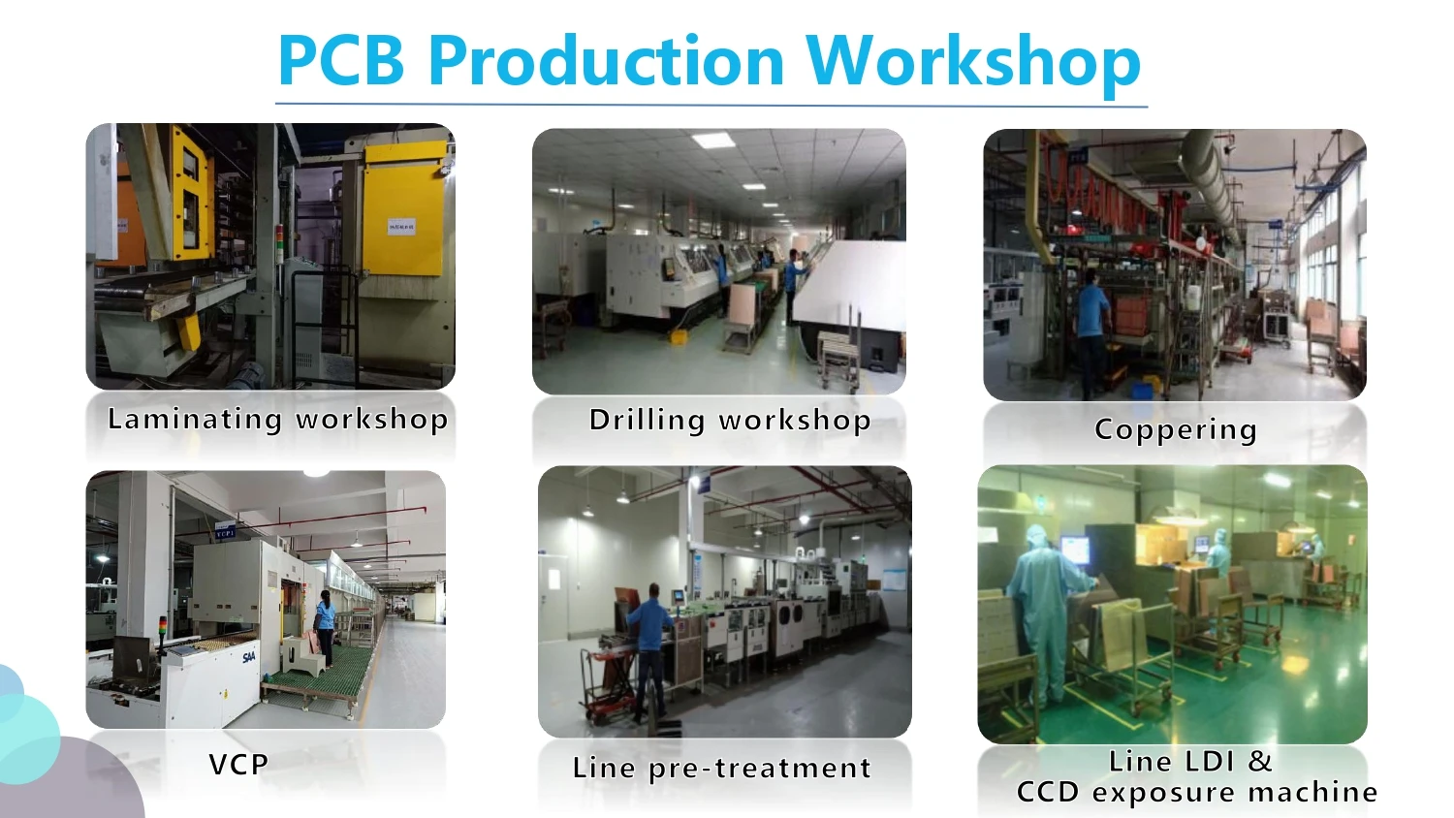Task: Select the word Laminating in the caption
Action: click(195, 419)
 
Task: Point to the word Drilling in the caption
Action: click(647, 420)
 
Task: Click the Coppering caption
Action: click(1176, 429)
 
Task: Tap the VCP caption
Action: click(238, 765)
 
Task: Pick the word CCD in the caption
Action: click(1048, 793)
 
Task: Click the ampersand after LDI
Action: click(1260, 761)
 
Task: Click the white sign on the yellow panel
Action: click(401, 227)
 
